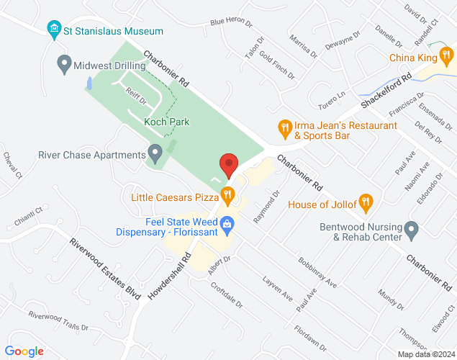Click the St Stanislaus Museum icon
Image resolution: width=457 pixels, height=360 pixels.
coord(53,31)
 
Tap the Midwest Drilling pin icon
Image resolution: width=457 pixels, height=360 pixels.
coord(64,65)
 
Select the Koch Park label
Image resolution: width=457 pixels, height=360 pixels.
coord(166,122)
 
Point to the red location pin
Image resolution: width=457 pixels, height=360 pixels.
coord(228,165)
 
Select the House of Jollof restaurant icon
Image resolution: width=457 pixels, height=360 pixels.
coord(366,204)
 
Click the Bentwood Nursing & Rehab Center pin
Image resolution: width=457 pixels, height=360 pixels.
coord(412,231)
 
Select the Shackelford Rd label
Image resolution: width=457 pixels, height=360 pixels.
coord(386,91)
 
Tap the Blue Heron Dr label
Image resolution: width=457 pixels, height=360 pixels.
coord(231,22)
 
